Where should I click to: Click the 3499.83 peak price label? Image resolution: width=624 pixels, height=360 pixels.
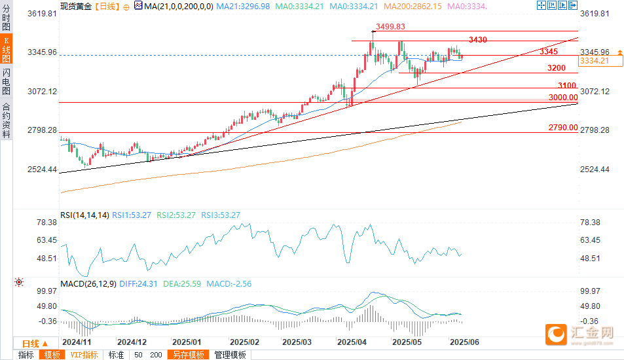(x=391, y=27)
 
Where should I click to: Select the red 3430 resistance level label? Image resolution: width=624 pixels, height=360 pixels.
(x=478, y=40)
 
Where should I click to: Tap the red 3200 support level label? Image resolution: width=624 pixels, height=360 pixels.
(x=557, y=68)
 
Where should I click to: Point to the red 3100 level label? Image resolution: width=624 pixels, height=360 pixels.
(x=566, y=85)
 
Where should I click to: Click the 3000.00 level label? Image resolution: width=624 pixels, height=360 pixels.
(x=563, y=97)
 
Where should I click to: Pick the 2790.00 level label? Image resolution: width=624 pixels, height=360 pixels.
(x=563, y=128)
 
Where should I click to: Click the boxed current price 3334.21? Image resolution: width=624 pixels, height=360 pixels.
(x=595, y=61)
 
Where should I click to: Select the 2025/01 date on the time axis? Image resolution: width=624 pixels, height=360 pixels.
(x=186, y=342)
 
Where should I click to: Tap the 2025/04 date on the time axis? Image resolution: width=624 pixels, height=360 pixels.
(x=351, y=342)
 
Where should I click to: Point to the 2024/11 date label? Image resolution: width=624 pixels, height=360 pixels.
(x=76, y=342)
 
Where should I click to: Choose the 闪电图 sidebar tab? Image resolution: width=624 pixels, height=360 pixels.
(x=6, y=81)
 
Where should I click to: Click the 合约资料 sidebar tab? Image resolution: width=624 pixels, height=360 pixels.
(x=6, y=120)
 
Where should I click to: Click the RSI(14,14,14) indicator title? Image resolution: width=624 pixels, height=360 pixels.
(x=84, y=215)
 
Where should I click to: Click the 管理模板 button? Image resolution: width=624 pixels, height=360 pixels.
(x=230, y=355)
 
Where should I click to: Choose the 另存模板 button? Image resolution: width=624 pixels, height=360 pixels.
(x=189, y=355)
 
